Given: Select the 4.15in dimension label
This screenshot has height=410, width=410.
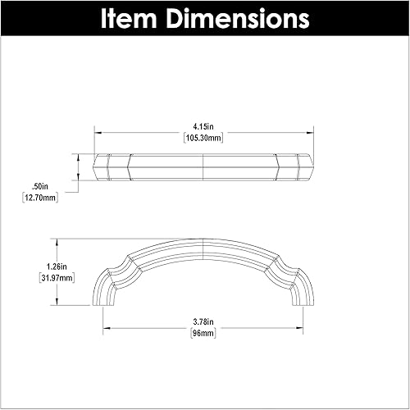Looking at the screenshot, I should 203,126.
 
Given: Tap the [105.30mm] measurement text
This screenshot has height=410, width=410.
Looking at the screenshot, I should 203,138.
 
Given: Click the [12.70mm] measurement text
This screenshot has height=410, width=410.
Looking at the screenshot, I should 39,198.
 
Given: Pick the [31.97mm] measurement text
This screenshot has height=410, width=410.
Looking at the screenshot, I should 55,278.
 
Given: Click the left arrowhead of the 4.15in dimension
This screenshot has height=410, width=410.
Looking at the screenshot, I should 98,132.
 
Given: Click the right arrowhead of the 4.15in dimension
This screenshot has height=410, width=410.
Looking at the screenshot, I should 311,132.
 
